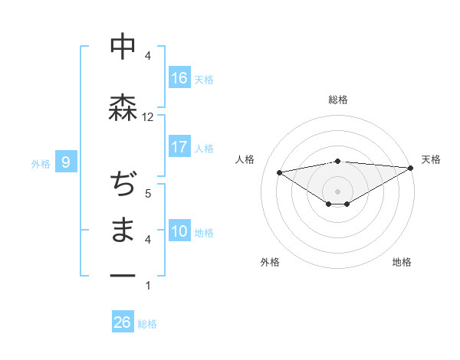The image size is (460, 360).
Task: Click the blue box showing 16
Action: click(x=179, y=78)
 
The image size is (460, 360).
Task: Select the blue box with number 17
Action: click(x=179, y=147)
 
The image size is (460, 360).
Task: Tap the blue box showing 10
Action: click(x=179, y=231)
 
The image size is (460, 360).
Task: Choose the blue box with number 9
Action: click(x=66, y=162)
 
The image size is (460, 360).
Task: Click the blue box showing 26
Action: click(x=123, y=322)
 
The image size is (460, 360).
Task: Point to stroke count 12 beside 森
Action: click(x=148, y=117)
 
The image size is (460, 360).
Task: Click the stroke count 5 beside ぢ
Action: click(x=148, y=194)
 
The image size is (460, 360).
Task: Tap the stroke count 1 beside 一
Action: click(x=148, y=286)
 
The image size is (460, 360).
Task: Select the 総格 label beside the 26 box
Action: click(x=147, y=323)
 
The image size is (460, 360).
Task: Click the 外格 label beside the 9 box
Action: click(x=41, y=162)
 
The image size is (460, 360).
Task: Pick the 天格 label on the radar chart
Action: click(x=431, y=159)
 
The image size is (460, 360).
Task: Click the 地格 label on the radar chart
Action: click(x=402, y=262)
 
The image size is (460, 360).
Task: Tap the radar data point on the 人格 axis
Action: click(x=279, y=172)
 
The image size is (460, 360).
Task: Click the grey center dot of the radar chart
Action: click(x=337, y=190)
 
